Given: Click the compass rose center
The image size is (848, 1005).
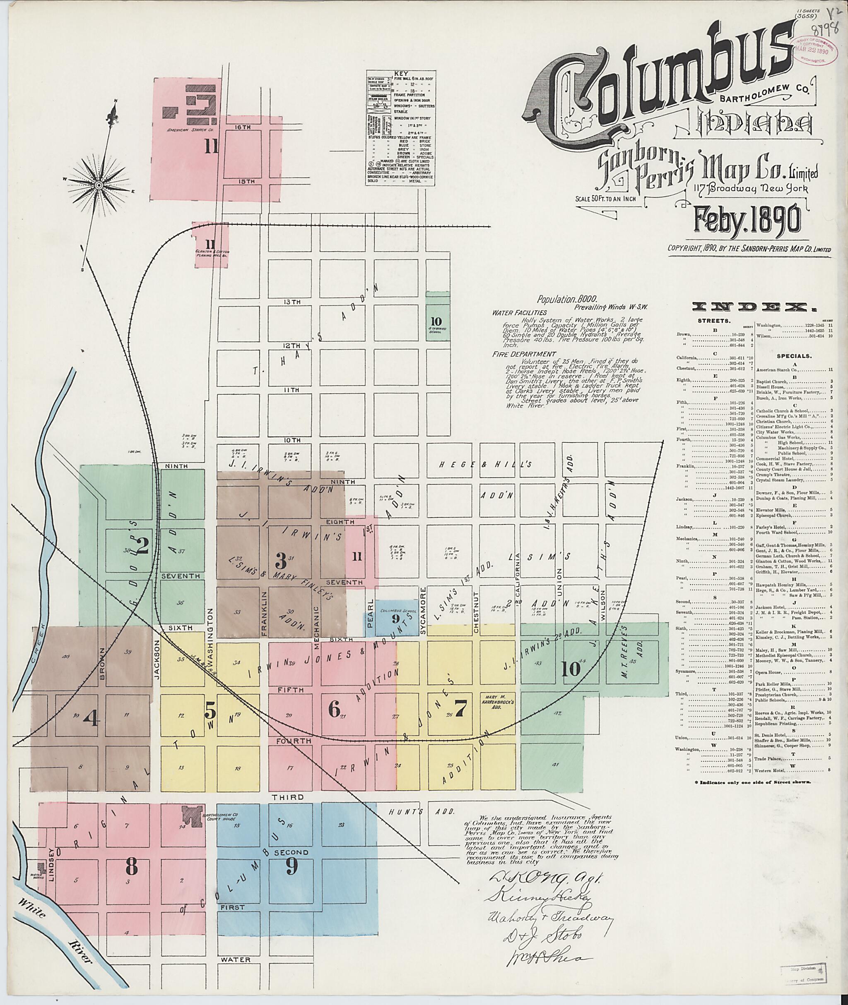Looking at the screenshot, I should tap(99, 185).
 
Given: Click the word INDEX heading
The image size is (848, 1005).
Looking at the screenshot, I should tap(755, 307).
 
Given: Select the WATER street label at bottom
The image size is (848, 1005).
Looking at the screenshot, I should tap(236, 960).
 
